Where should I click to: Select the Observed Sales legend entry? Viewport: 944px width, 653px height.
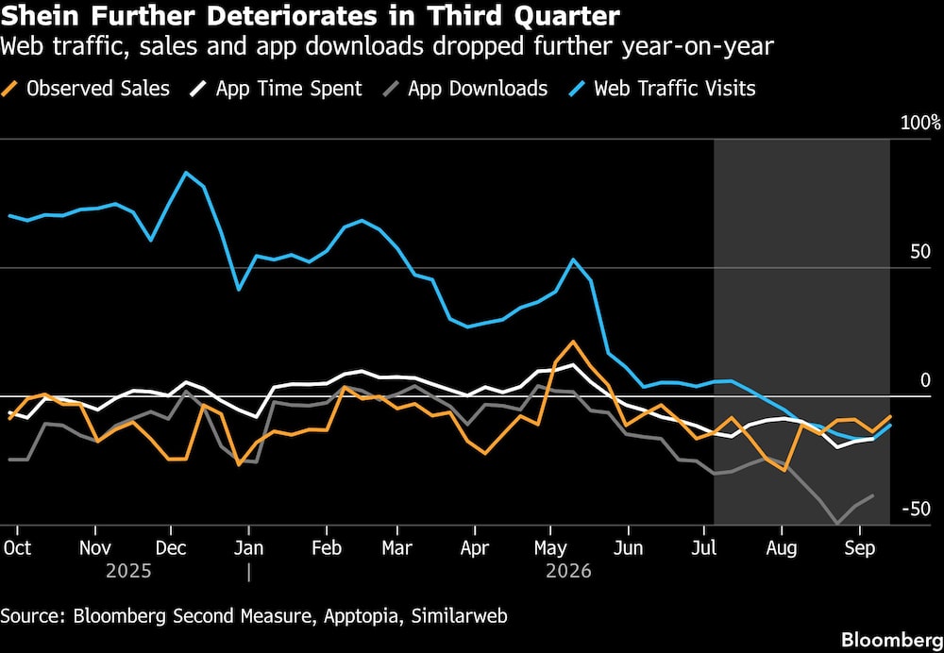pyautogui.click(x=86, y=89)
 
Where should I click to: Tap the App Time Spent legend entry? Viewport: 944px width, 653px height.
pyautogui.click(x=277, y=89)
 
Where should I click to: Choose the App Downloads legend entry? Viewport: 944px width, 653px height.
pyautogui.click(x=465, y=89)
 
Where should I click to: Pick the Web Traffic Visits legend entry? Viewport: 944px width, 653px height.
pyautogui.click(x=662, y=89)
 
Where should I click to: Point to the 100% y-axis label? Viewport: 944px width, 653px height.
pyautogui.click(x=920, y=124)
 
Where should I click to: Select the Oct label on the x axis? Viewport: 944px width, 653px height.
pyautogui.click(x=17, y=549)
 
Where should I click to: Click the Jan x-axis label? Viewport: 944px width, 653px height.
pyautogui.click(x=248, y=549)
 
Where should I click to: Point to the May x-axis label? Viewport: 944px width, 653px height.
pyautogui.click(x=550, y=549)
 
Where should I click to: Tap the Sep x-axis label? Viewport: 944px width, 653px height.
pyautogui.click(x=860, y=549)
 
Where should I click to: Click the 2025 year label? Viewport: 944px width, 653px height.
pyautogui.click(x=128, y=571)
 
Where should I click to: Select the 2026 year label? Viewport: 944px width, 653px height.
pyautogui.click(x=569, y=571)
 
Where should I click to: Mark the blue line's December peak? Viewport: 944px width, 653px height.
pyautogui.click(x=186, y=172)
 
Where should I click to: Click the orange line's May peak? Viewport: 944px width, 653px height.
pyautogui.click(x=573, y=342)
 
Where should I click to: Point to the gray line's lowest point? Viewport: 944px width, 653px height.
pyautogui.click(x=836, y=525)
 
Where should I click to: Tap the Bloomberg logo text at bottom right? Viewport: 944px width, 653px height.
pyautogui.click(x=892, y=639)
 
